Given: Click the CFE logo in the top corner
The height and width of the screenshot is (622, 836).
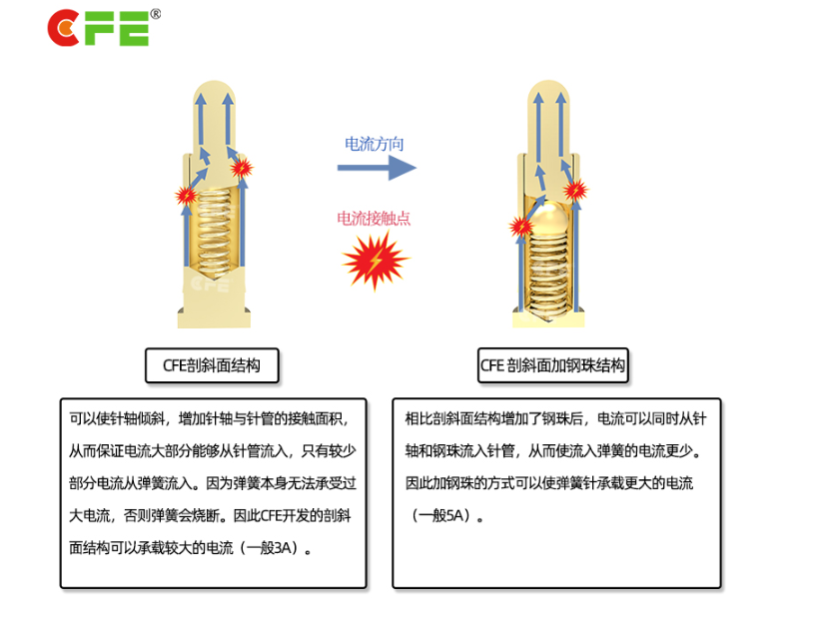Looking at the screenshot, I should tap(98, 28).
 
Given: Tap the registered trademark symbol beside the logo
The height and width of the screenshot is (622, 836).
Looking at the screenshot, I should tap(156, 14).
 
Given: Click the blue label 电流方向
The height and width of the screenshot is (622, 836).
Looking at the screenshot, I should tap(375, 144).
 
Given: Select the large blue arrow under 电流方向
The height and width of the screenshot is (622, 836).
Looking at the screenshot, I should tap(376, 167).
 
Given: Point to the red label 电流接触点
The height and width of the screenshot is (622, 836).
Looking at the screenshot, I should tap(374, 219).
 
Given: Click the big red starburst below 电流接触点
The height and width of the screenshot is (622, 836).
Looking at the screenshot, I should tap(375, 263).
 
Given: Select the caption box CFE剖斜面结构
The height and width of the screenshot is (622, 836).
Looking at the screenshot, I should tap(212, 366).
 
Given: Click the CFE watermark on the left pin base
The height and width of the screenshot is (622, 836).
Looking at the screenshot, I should tap(211, 285).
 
